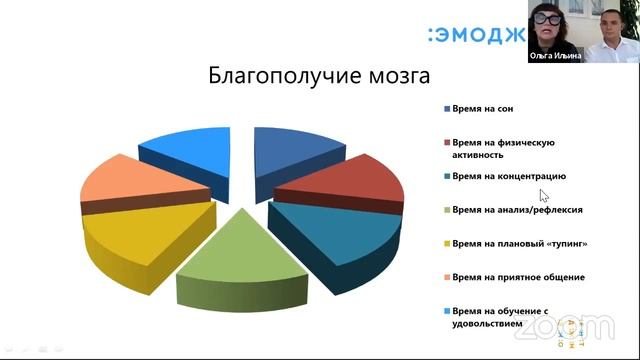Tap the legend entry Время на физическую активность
501,148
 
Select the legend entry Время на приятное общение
517,276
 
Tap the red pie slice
340,180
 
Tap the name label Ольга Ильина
555,57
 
